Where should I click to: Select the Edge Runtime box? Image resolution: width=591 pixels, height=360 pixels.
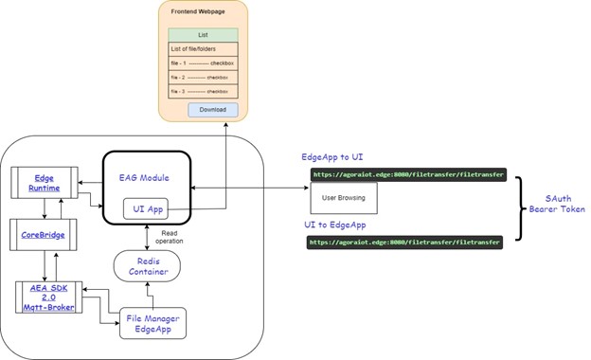click(x=45, y=182)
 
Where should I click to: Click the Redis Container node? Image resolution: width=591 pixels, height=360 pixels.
click(x=147, y=266)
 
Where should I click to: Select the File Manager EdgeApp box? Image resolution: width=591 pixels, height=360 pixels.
click(x=152, y=323)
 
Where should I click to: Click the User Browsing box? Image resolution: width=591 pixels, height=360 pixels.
click(x=344, y=197)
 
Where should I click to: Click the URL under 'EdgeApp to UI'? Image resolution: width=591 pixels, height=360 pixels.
click(x=406, y=174)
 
